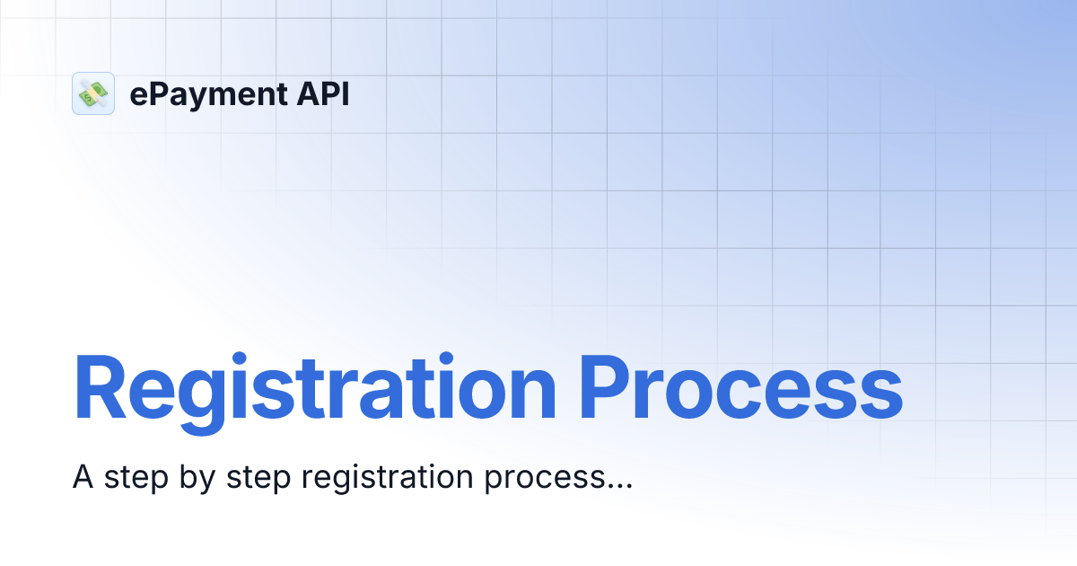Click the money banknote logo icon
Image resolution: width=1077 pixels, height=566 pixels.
pyautogui.click(x=93, y=93)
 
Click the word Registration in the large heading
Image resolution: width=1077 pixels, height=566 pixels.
pyautogui.click(x=313, y=388)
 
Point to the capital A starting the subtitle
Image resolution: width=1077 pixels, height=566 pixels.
pyautogui.click(x=83, y=478)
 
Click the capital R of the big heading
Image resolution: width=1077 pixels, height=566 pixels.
pyautogui.click(x=100, y=388)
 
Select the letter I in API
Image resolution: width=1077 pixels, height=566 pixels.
pyautogui.click(x=345, y=93)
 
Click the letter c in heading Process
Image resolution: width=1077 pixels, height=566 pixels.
pyautogui.click(x=749, y=395)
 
